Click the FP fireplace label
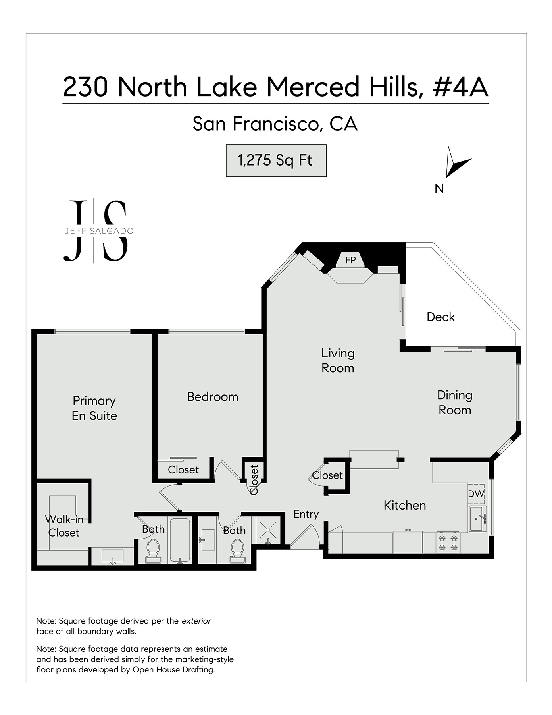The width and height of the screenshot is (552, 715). (350, 260)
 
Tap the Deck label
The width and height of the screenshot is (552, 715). (440, 317)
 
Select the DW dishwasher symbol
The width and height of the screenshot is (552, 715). (476, 494)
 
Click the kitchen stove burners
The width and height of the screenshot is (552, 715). (448, 543)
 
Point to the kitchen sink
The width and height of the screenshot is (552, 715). (477, 518)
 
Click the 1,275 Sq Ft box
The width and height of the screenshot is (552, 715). (276, 160)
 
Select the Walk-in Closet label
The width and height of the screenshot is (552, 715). (63, 526)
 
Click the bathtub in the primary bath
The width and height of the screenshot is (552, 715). (180, 540)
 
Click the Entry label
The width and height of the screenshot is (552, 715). (306, 514)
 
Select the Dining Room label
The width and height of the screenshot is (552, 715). (455, 402)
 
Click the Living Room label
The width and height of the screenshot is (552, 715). (338, 361)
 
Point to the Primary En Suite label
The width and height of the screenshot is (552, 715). (94, 408)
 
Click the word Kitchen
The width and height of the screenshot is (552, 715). (405, 505)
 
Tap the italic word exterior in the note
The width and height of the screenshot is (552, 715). (196, 621)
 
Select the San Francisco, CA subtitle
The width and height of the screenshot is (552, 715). (275, 124)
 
